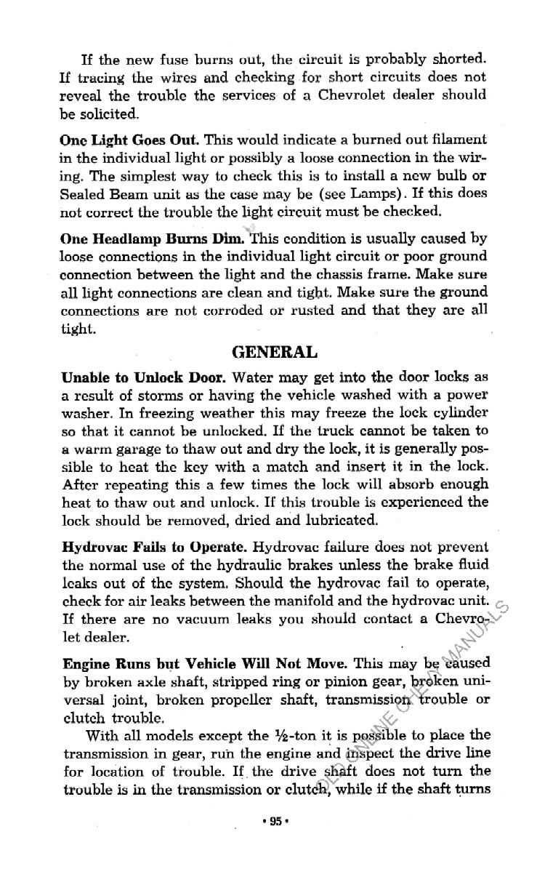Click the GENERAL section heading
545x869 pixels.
click(274, 353)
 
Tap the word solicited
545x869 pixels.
click(106, 114)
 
